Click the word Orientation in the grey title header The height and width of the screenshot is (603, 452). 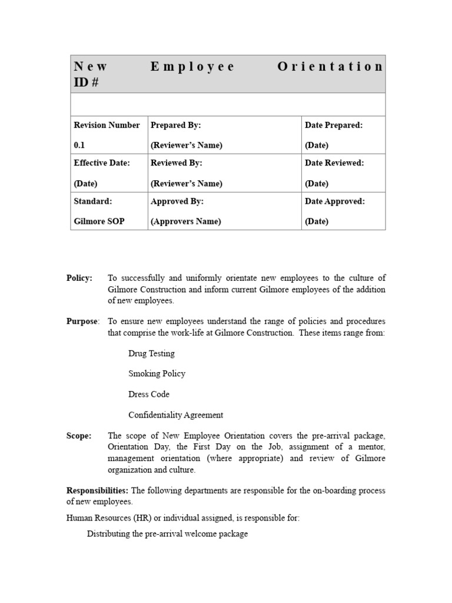(x=330, y=67)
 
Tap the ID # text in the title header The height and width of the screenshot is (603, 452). (x=86, y=82)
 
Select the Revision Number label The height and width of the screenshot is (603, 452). (x=107, y=125)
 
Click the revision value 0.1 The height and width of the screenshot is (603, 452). (x=79, y=145)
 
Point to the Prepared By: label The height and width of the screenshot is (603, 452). (x=175, y=125)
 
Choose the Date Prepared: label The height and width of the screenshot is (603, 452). (x=334, y=125)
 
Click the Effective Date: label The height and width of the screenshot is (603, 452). (x=102, y=163)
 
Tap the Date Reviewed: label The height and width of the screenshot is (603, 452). (x=334, y=163)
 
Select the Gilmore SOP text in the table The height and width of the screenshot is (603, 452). (x=99, y=221)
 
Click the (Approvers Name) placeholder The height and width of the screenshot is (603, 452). (x=186, y=221)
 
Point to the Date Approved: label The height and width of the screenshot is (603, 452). (x=335, y=201)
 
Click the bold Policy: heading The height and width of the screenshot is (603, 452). (x=79, y=279)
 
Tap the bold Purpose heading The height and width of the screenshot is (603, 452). (x=82, y=322)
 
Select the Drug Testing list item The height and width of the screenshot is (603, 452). (x=151, y=353)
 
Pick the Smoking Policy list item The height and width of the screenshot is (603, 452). (x=157, y=374)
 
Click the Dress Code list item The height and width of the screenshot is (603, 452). (x=149, y=395)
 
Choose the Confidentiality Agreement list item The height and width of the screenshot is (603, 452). (x=175, y=415)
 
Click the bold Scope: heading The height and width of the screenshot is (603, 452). (x=79, y=436)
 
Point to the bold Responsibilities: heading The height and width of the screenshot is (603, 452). (x=98, y=491)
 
